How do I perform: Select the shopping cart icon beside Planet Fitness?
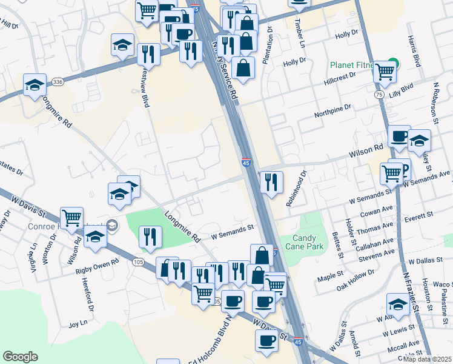pos(385,72)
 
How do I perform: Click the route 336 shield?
pos(58,81)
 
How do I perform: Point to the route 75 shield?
pos(378,95)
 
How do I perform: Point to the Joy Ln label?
pos(78,325)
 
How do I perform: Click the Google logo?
pos(20,357)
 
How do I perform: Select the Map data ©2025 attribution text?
pos(426,359)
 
